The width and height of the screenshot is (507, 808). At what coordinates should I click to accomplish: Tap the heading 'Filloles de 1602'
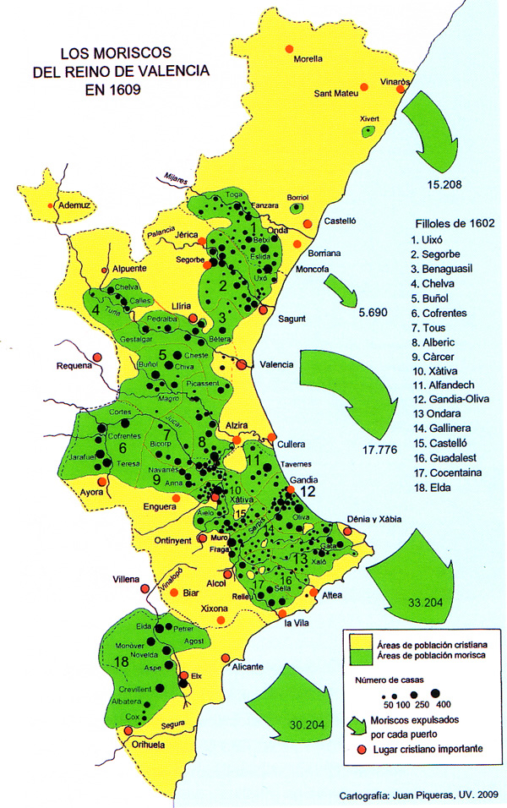pyautogui.click(x=448, y=224)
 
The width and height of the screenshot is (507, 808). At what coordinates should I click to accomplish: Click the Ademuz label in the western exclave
pyautogui.click(x=74, y=205)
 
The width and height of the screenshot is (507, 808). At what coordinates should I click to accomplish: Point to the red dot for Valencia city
pyautogui.click(x=243, y=365)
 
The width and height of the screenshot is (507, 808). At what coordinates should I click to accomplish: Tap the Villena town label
pyautogui.click(x=128, y=580)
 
